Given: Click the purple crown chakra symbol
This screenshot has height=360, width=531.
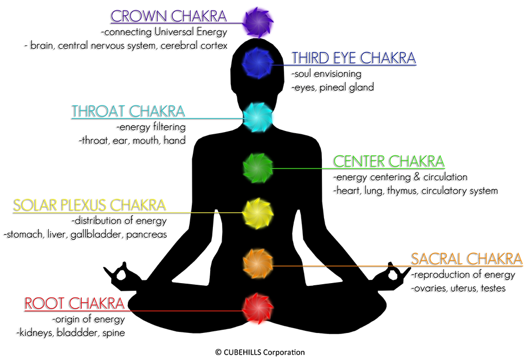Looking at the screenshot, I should [253, 22].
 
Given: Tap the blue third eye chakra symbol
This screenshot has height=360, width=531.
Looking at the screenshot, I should [253, 64].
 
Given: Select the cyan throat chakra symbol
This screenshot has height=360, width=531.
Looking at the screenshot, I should [253, 117].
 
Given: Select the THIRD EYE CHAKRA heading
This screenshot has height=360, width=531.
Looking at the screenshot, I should [354, 58].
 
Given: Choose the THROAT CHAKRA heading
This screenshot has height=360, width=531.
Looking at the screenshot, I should [128, 112].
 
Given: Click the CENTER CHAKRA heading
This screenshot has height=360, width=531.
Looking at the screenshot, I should [388, 161].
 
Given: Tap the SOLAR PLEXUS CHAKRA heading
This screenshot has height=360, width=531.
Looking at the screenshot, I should [89, 206].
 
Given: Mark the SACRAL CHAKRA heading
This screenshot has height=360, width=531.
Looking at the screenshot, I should [467, 259].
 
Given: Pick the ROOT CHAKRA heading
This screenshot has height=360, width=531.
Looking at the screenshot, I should [74, 303].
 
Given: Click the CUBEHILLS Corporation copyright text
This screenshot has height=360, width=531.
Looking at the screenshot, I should [260, 352].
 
